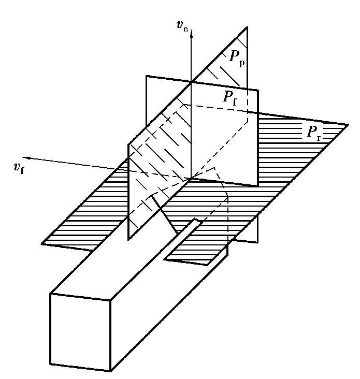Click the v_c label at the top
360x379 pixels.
pos(182,26)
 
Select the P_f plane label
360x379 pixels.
pos(230,98)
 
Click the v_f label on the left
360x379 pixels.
pos(19,168)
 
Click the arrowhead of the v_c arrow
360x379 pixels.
pos(191,34)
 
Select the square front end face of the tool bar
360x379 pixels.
pos(80,332)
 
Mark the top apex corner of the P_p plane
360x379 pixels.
pos(247,27)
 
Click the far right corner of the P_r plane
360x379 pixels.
pos(348,125)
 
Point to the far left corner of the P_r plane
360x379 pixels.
pos(42,243)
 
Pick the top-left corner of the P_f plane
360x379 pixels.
pos(146,76)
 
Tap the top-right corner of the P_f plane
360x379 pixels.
pos(258,90)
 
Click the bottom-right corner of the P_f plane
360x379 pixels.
pos(258,242)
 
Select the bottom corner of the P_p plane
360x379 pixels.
pos(128,239)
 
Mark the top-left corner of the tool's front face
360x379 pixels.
pos(50,294)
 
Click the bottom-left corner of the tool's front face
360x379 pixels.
pos(50,364)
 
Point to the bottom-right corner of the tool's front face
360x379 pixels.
pos(110,371)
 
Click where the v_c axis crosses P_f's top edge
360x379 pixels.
pos(191,82)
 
